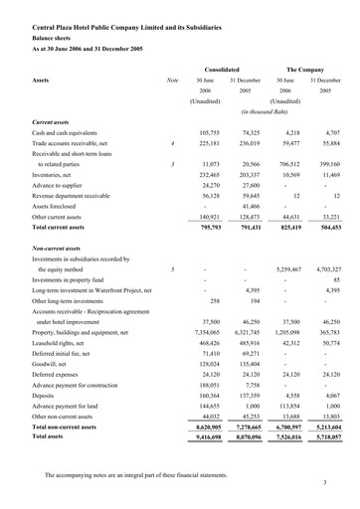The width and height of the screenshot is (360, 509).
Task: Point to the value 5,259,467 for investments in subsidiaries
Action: [284, 268]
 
